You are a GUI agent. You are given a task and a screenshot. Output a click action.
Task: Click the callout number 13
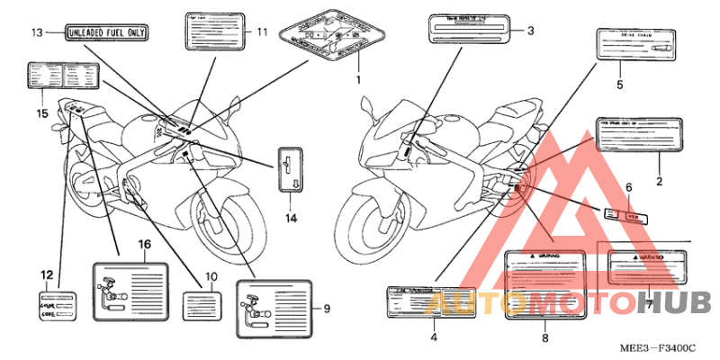[x=36, y=33]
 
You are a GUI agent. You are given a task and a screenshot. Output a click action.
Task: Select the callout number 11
[x=262, y=32]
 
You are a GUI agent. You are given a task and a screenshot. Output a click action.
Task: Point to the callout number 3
[x=530, y=31]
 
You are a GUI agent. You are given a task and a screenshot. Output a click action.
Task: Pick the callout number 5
[x=619, y=85]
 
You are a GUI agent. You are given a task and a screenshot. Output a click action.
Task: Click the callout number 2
[x=659, y=183]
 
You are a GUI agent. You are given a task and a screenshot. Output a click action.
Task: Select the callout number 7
[x=648, y=306]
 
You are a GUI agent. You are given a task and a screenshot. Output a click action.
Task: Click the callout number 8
[x=544, y=337]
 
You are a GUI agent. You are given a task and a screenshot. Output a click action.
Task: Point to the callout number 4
[x=433, y=337]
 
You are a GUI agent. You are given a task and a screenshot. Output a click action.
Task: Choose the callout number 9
[x=327, y=309]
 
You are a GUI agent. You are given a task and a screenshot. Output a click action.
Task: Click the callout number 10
[x=212, y=276]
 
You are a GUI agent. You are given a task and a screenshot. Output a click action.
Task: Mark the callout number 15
[x=40, y=113]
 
